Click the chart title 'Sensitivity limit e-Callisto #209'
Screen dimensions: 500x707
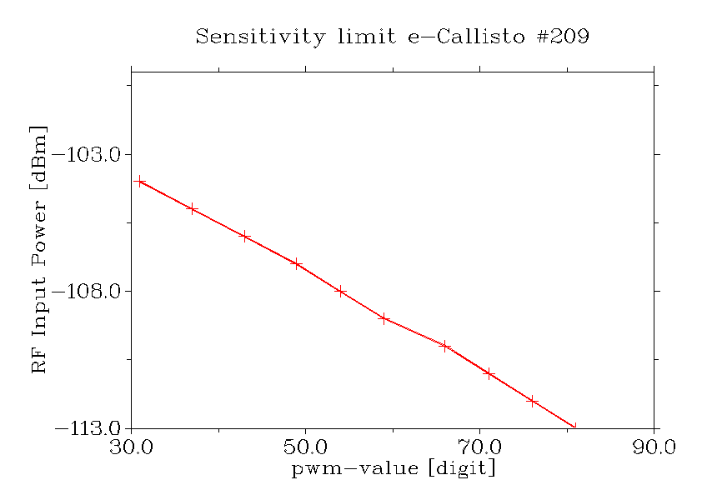point(393,37)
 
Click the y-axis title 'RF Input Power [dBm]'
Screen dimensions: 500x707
point(38,250)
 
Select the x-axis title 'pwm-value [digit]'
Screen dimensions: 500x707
point(393,468)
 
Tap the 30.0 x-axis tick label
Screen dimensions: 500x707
point(132,447)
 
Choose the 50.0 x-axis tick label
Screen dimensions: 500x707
point(306,447)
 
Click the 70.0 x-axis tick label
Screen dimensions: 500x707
point(480,447)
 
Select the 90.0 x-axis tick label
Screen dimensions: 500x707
point(654,447)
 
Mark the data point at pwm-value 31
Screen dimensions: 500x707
point(140,181)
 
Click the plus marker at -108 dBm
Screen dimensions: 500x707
point(340,291)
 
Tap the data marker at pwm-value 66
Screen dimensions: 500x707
point(445,346)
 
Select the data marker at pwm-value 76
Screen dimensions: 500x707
point(533,401)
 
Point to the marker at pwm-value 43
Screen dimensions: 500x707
point(245,236)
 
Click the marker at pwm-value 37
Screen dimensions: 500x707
point(193,208)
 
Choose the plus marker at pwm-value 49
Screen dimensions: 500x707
point(297,263)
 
